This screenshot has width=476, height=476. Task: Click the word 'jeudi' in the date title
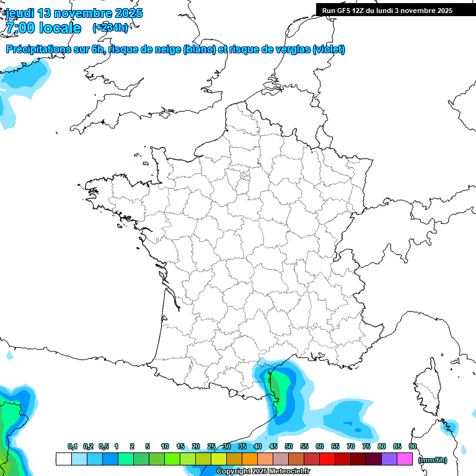pyautogui.click(x=20, y=12)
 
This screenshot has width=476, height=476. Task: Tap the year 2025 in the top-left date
pyautogui.click(x=125, y=12)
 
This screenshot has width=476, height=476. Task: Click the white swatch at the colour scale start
pyautogui.click(x=63, y=459)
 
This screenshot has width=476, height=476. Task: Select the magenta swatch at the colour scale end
pyautogui.click(x=405, y=459)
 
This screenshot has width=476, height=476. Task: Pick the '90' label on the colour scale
pyautogui.click(x=413, y=446)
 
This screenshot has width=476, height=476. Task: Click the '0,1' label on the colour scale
pyautogui.click(x=73, y=446)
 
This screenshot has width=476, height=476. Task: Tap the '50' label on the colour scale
pyautogui.click(x=289, y=446)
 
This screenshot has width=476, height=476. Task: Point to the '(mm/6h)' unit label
pyautogui.click(x=432, y=460)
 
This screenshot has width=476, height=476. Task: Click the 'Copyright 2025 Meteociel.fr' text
pyautogui.click(x=263, y=472)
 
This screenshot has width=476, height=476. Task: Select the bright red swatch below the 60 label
pyautogui.click(x=327, y=459)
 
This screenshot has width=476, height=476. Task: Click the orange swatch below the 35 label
pyautogui.click(x=250, y=459)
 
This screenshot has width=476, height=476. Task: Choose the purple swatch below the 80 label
pyautogui.click(x=389, y=459)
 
